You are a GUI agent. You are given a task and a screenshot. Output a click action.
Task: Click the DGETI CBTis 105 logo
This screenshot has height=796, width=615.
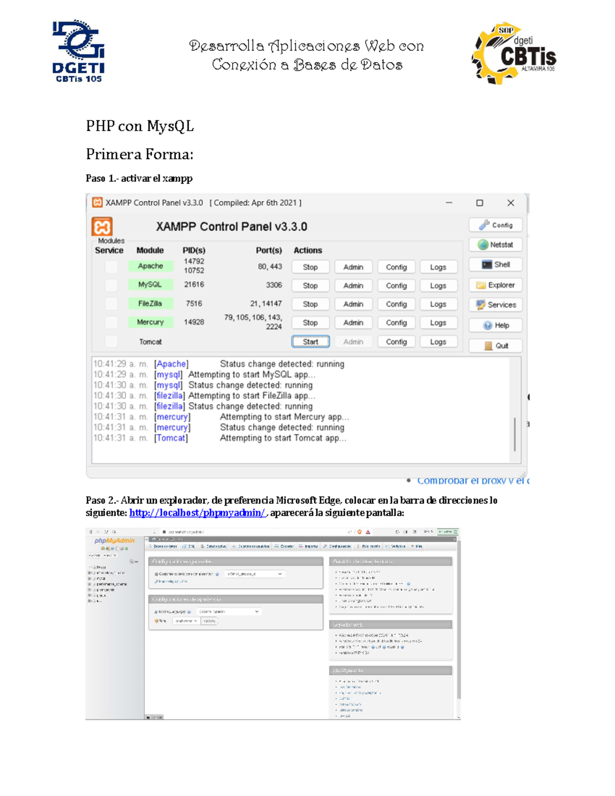tap(78, 51)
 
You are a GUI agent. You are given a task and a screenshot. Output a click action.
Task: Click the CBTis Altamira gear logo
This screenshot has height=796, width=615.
tap(513, 53)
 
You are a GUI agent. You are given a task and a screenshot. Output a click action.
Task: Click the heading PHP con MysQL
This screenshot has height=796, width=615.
tap(140, 126)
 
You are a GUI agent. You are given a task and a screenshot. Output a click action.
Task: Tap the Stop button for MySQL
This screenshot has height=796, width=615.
tap(310, 285)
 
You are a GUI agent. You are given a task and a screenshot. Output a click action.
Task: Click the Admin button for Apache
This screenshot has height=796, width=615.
tap(353, 267)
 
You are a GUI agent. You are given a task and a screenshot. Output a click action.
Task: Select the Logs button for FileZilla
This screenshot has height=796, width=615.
tap(438, 304)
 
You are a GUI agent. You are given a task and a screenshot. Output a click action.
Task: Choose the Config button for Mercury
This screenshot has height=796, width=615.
tap(396, 322)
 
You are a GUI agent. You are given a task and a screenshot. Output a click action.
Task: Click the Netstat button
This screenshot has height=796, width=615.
tap(495, 245)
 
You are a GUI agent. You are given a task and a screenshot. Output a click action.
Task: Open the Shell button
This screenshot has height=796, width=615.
tap(495, 264)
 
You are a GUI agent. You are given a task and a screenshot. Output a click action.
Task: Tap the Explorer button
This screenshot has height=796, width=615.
tap(495, 285)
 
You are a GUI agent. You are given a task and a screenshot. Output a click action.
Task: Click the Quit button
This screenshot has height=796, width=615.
tap(495, 345)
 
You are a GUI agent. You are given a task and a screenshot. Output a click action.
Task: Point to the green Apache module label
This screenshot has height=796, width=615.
tap(150, 266)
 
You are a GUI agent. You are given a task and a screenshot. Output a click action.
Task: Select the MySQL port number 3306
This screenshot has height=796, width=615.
tap(274, 285)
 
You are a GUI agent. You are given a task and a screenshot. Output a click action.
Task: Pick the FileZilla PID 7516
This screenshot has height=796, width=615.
tap(194, 303)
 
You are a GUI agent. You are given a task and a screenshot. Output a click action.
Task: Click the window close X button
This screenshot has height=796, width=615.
tap(510, 203)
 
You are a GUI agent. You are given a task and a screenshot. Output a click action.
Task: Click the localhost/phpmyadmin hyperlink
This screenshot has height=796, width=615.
tap(197, 513)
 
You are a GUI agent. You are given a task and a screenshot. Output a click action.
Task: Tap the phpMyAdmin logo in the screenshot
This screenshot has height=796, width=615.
tap(114, 541)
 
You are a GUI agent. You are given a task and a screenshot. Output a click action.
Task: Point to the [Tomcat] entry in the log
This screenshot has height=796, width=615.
tap(171, 438)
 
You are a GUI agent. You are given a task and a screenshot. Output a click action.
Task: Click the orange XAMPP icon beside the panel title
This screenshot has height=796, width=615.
tap(102, 227)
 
